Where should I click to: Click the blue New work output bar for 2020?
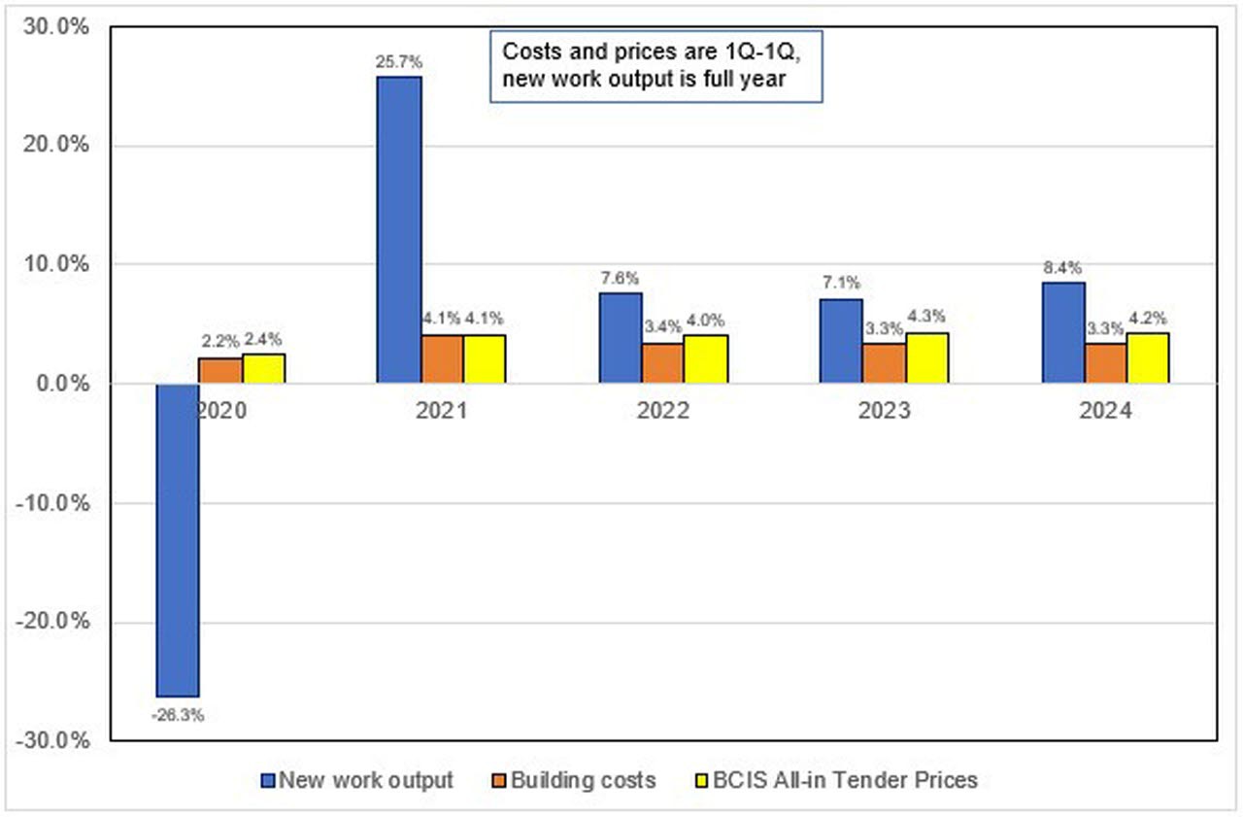pyautogui.click(x=179, y=539)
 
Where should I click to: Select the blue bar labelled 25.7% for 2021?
pyautogui.click(x=399, y=229)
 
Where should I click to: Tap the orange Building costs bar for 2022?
pyautogui.click(x=663, y=363)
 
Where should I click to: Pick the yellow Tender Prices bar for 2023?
pyautogui.click(x=927, y=358)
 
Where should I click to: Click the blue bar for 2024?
pyautogui.click(x=1063, y=333)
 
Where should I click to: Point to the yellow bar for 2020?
pyautogui.click(x=263, y=369)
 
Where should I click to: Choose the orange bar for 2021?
pyautogui.click(x=442, y=359)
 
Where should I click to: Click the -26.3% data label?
pyautogui.click(x=178, y=715)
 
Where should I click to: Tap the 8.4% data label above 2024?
pyautogui.click(x=1062, y=267)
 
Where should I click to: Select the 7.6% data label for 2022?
pyautogui.click(x=619, y=277)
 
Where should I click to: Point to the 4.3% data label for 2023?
pyautogui.click(x=926, y=316)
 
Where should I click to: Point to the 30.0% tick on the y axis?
pyautogui.click(x=56, y=27)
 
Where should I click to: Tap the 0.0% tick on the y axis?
pyautogui.click(x=60, y=384)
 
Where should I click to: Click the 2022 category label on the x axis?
pyautogui.click(x=663, y=410)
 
